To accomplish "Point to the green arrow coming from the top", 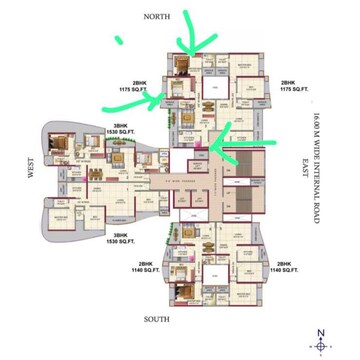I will coord(196,40).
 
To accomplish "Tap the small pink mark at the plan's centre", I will coord(199,148).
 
